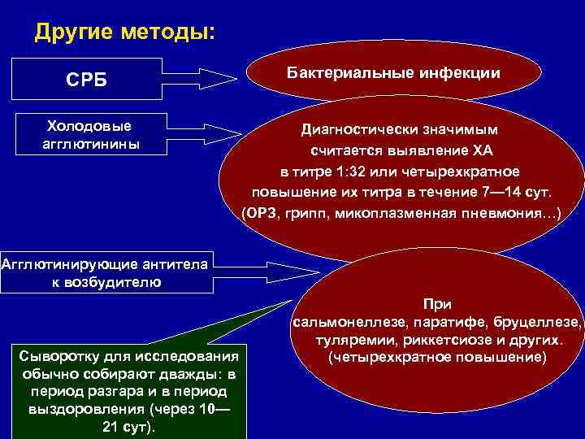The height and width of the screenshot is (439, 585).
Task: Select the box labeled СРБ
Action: point(86,80)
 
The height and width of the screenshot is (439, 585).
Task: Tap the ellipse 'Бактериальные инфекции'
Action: point(393,73)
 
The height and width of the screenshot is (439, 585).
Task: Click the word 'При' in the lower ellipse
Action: point(437,304)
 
